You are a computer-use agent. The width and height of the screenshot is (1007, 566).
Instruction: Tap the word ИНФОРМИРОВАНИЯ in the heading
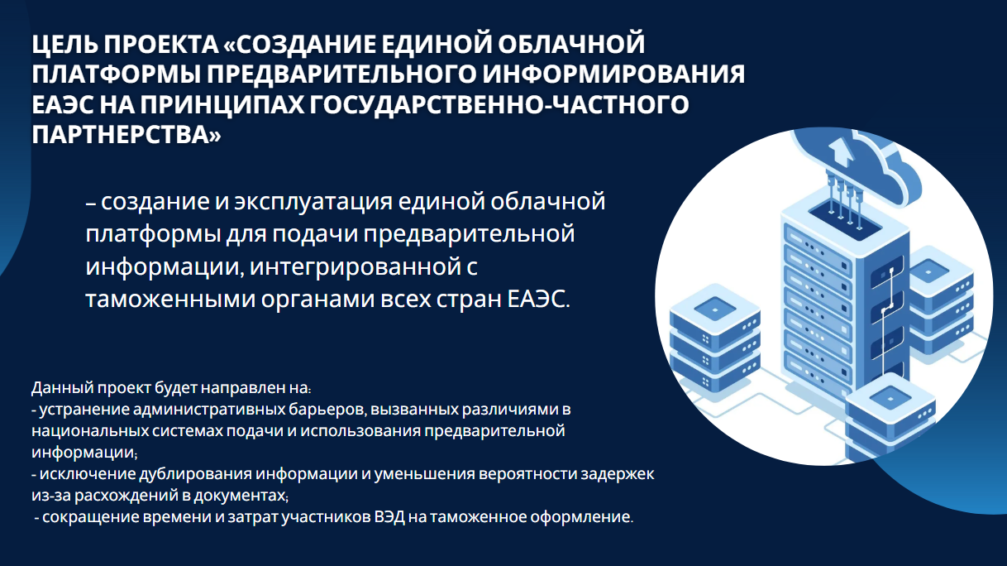tap(613, 74)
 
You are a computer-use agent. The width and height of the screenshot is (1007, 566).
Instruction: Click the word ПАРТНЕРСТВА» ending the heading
tap(126, 134)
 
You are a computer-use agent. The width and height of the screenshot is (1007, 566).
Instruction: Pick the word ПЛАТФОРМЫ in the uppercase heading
tap(116, 74)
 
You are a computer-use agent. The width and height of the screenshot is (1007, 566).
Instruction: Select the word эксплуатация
tap(313, 202)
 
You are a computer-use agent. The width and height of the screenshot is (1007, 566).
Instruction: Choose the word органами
tap(317, 300)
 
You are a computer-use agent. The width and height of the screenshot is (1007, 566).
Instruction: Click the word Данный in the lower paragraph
tap(63, 387)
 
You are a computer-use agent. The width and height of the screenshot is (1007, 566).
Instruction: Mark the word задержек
tap(618, 474)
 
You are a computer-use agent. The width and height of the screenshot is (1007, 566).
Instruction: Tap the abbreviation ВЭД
tap(389, 517)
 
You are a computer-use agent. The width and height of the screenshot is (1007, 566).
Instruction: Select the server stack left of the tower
tap(715, 338)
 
